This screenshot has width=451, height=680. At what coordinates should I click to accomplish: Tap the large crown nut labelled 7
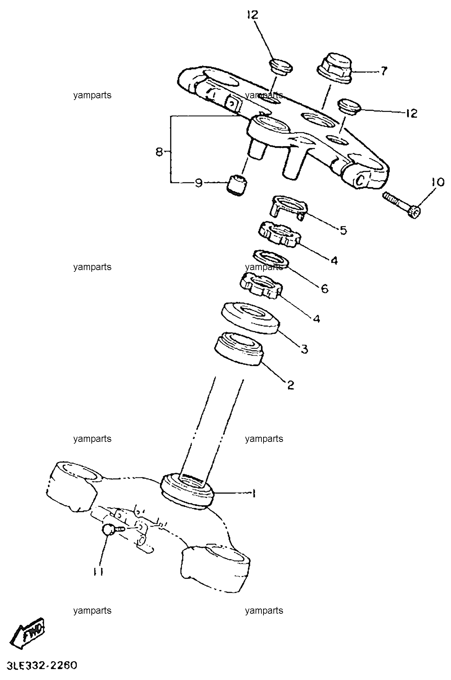tap(334, 69)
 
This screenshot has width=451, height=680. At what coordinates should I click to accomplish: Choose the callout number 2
tap(291, 385)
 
